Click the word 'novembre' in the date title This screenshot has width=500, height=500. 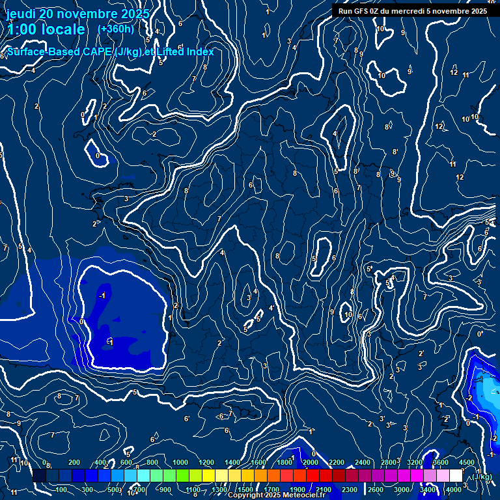(88, 14)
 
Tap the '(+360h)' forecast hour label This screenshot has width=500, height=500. (115, 29)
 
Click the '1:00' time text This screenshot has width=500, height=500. (21, 29)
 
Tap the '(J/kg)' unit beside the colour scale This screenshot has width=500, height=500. (482, 477)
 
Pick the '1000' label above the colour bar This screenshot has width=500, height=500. (180, 462)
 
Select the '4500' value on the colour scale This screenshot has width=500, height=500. (467, 462)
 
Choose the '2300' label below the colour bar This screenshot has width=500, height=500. (350, 490)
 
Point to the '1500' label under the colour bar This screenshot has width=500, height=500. (245, 490)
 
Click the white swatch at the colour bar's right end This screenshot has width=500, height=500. (456, 476)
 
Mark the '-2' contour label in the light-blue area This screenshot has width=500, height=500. (469, 398)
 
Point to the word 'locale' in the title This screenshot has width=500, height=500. (62, 29)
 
